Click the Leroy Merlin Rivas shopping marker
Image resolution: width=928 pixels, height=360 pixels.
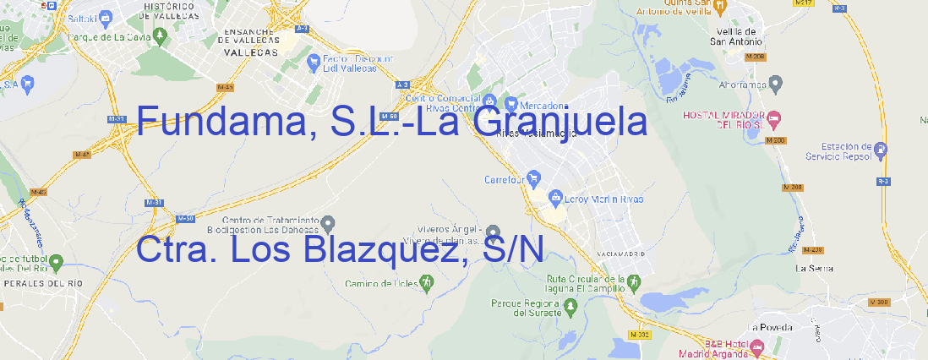tap(555, 199)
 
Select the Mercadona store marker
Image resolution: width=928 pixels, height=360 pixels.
tap(510, 104)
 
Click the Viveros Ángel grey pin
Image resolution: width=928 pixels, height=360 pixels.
tap(494, 232)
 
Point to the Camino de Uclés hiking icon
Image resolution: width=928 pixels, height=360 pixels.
tap(427, 282)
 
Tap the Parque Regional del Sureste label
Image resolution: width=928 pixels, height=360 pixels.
tap(526, 308)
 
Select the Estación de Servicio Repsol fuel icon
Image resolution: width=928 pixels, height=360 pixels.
tap(882, 151)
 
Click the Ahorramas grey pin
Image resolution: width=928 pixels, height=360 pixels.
tap(777, 83)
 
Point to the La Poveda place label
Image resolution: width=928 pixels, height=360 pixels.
tap(770, 327)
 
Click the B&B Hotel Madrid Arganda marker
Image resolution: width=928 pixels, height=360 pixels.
tap(757, 346)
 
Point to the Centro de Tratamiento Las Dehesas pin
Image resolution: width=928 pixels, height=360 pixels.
tap(329, 223)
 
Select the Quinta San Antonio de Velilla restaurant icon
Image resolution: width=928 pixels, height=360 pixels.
tap(720, 6)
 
